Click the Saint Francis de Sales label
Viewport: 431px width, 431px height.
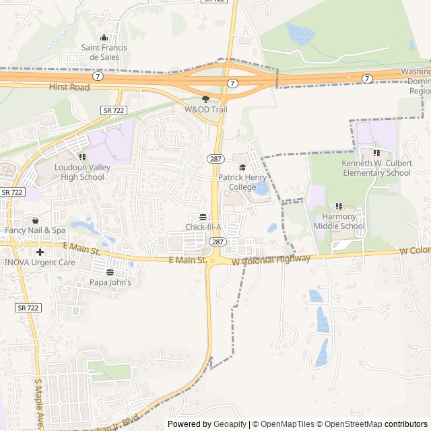click(100, 52)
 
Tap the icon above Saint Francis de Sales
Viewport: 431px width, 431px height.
click(104, 38)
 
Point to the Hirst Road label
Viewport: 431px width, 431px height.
click(69, 87)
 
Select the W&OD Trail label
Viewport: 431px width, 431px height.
click(206, 108)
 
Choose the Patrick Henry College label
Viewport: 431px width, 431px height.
click(237, 182)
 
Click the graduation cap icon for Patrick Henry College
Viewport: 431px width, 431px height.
click(242, 168)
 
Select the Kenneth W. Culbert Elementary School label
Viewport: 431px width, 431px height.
click(376, 168)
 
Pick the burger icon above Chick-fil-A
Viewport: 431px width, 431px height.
click(203, 216)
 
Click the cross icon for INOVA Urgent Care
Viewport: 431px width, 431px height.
click(40, 252)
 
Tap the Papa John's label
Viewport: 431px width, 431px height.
click(110, 283)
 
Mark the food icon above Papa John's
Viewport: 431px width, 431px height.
click(110, 273)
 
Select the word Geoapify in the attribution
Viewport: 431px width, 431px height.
click(229, 424)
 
